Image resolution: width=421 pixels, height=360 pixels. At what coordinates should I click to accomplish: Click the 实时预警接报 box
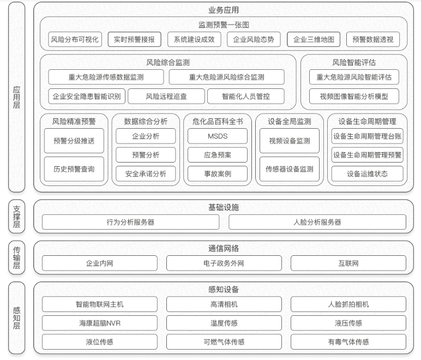pos(134,39)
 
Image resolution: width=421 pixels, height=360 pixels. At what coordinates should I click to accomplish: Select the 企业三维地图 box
pos(314,39)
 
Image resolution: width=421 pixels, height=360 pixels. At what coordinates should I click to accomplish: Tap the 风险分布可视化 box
pos(75,39)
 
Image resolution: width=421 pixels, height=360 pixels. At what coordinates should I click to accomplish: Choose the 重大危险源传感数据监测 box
pos(106,77)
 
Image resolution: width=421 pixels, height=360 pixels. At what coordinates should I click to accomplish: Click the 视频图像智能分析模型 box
pos(354,97)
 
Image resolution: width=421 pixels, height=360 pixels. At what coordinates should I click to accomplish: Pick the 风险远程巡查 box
pos(166,97)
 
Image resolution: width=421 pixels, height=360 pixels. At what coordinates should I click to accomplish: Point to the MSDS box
pos(218,136)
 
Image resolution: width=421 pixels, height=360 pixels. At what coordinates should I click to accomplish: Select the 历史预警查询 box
pos(74,169)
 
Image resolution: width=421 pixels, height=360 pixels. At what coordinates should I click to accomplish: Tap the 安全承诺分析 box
pos(146,173)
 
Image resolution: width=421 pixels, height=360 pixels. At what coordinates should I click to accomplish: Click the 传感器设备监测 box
pos(290,169)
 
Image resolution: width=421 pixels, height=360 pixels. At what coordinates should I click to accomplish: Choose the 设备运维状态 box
pos(368,173)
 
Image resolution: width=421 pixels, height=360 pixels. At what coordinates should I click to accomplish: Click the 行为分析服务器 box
pos(130,222)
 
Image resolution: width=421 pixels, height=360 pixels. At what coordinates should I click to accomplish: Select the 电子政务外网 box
pos(224,263)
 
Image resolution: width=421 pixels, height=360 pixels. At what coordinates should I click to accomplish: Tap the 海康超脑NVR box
pos(100,323)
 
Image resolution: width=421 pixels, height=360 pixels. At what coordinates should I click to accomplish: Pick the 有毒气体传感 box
pos(348,342)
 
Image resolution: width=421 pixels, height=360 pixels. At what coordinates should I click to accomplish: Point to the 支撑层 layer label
pos(17,217)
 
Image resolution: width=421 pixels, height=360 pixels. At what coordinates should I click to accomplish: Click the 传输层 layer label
pos(17,257)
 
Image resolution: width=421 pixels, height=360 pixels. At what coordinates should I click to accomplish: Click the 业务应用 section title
pos(224,10)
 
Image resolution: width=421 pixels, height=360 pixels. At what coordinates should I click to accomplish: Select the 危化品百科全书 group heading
pos(218,121)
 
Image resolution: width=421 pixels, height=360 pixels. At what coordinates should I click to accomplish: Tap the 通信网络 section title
pos(224,248)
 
